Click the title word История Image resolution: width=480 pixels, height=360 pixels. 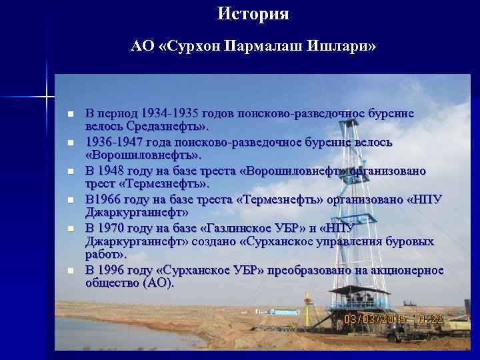tap(253, 14)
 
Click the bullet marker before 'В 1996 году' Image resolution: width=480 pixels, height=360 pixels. tap(69, 271)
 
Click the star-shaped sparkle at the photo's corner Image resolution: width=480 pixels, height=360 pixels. tap(47, 97)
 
